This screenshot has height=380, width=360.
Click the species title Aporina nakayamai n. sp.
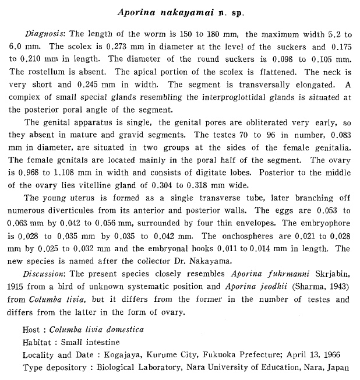(x=179, y=12)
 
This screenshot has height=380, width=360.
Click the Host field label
(x=32, y=330)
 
